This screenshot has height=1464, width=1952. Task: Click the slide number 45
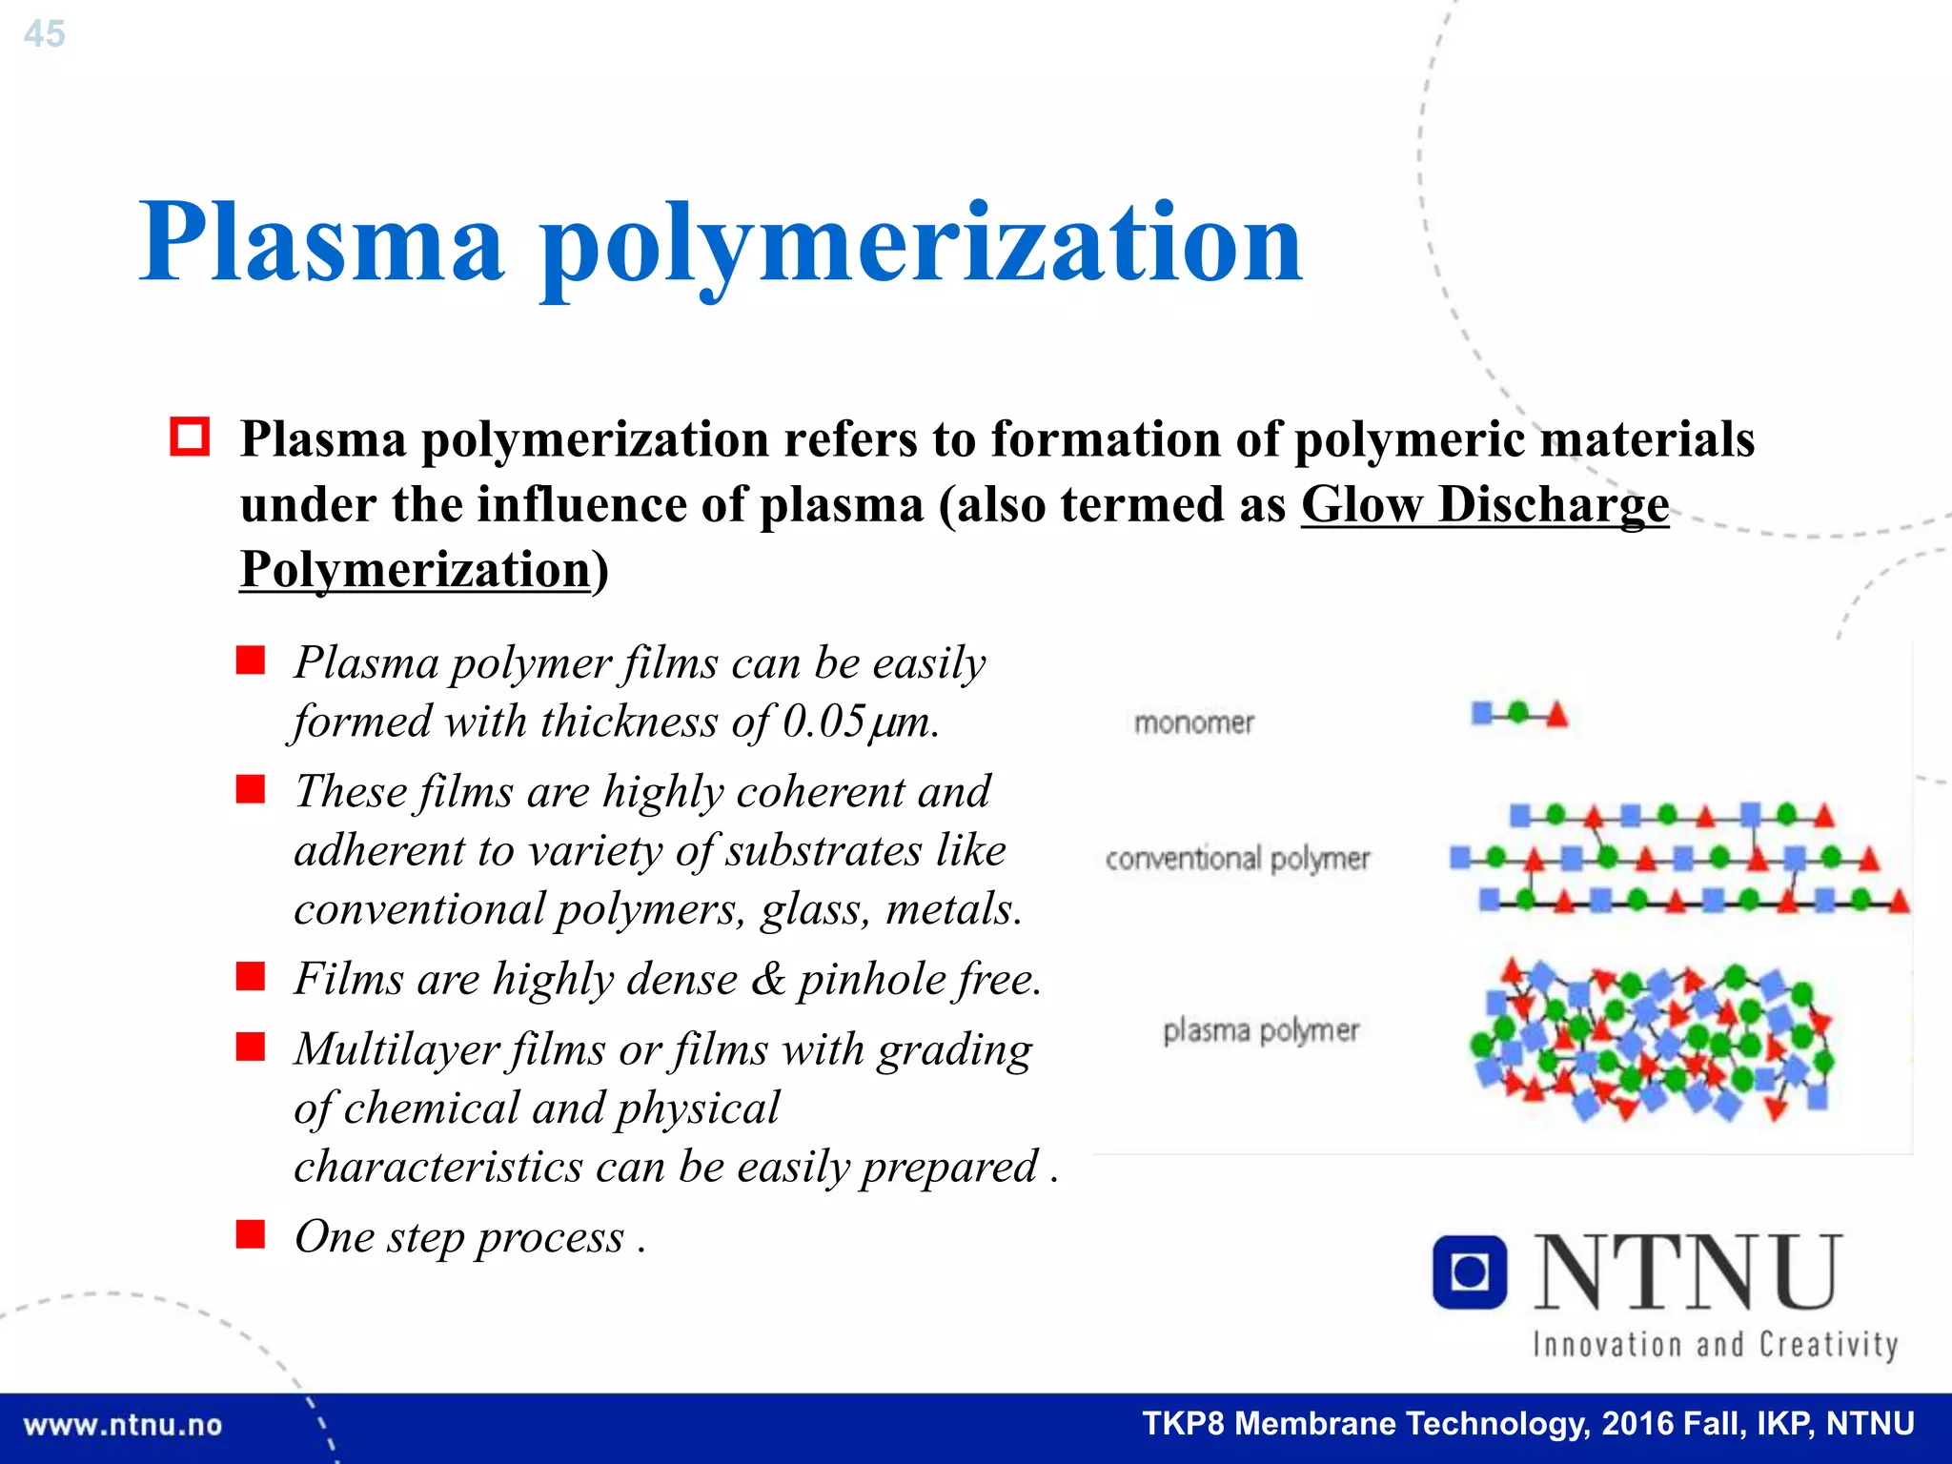point(44,34)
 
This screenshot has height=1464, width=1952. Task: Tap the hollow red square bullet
point(190,437)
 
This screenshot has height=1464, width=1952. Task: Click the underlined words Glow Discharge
point(1484,504)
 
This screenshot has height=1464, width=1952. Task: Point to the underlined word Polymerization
point(416,570)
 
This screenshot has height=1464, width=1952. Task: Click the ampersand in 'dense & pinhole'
point(768,979)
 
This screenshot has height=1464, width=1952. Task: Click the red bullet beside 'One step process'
point(251,1234)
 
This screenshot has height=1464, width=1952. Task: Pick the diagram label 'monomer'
point(1194,722)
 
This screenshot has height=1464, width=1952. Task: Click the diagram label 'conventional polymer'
point(1237,859)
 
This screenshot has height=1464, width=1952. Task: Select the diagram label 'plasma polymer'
point(1261,1030)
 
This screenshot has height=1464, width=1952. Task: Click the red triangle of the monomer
point(1556,714)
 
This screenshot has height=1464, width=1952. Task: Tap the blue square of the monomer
point(1482,713)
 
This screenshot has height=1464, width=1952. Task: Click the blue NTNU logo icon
point(1470,1272)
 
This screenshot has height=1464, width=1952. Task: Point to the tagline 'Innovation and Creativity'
point(1715,1345)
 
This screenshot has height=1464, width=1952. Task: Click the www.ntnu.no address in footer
point(123,1426)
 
